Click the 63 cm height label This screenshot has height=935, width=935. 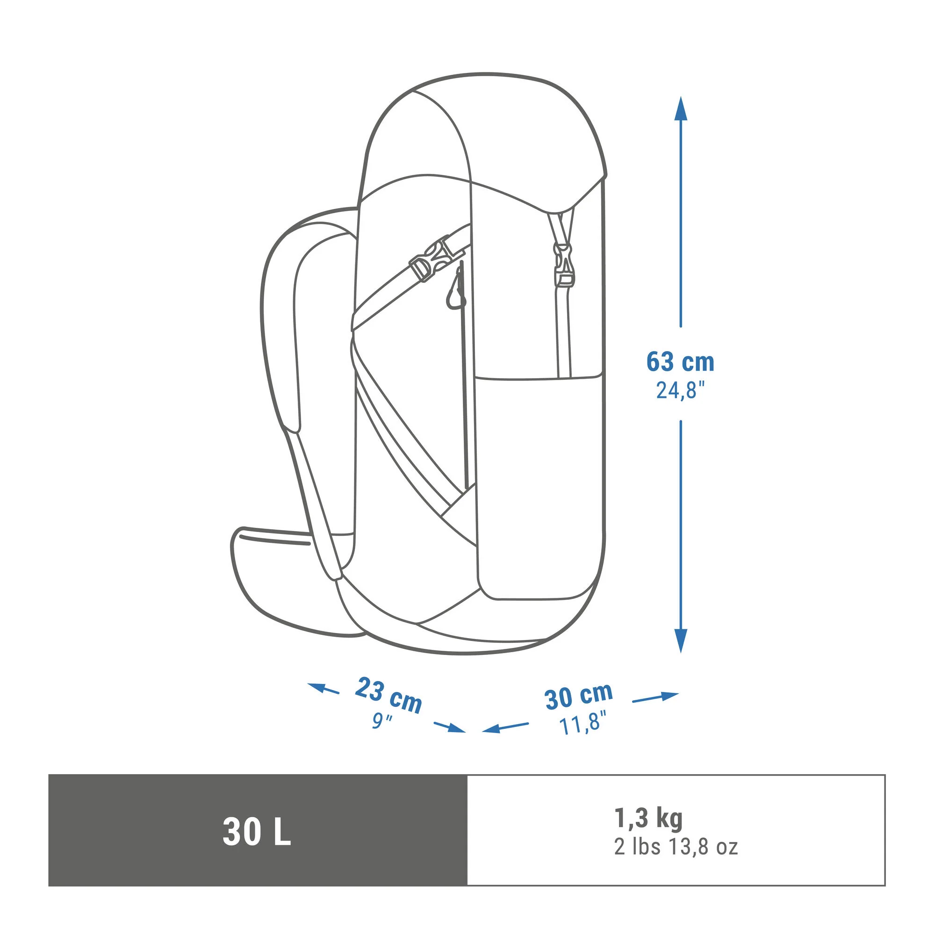click(680, 362)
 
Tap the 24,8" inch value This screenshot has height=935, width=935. click(680, 390)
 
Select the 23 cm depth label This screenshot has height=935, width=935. click(388, 697)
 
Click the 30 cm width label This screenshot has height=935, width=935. click(578, 696)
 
